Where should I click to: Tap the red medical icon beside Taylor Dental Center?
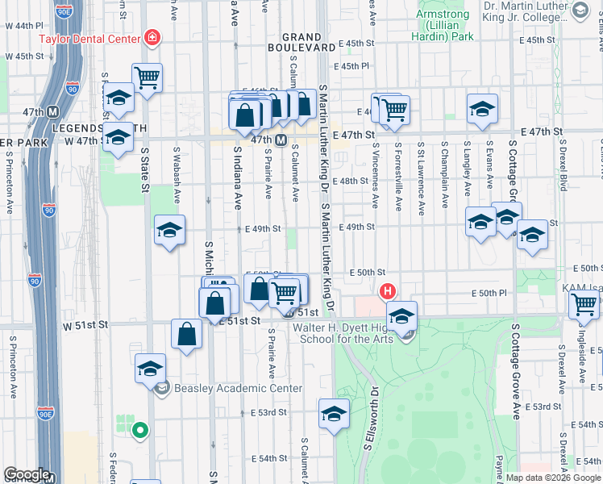pos(151,37)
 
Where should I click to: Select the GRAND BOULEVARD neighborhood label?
pos(308,42)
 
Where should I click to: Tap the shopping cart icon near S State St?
pos(147,78)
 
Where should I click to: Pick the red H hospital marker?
pos(388,291)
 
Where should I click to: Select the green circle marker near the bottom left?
pos(139,431)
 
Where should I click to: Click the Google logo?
pos(27,474)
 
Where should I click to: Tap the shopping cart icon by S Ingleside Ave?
pos(584,305)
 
